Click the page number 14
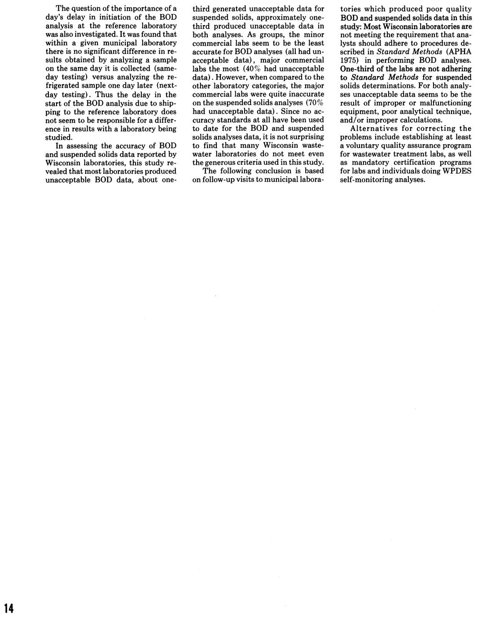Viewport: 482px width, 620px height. point(9,608)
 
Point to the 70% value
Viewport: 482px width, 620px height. point(315,103)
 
